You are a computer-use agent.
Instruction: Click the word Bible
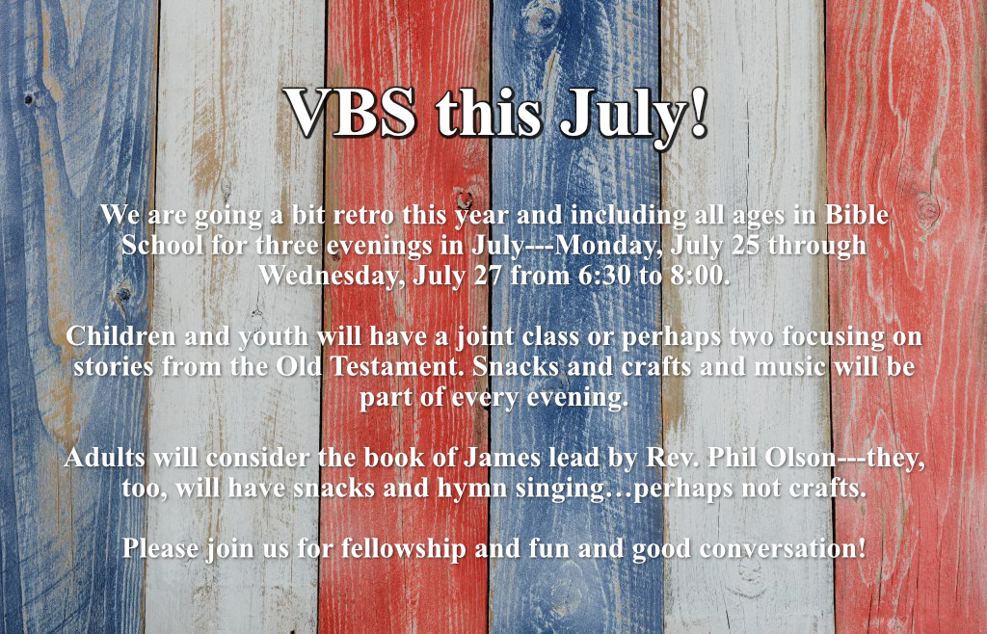click(856, 215)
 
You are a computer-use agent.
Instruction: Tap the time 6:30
click(603, 277)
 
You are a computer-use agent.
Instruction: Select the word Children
click(120, 336)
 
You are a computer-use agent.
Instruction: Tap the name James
click(501, 458)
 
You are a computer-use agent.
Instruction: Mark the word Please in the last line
click(161, 548)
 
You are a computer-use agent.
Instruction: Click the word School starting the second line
click(162, 246)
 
